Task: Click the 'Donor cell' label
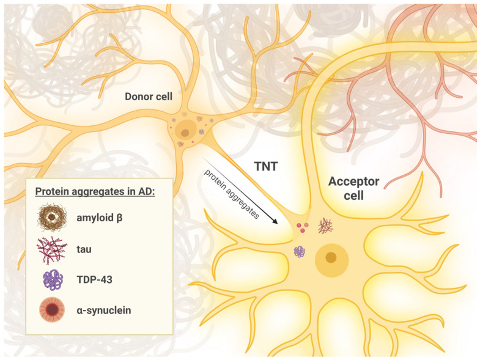coord(149,97)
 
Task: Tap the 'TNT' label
coord(266,166)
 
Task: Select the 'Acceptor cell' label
coord(353,188)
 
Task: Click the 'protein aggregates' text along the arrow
coord(232,194)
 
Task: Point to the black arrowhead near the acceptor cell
coord(275,221)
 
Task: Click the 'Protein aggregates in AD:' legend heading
coord(95,191)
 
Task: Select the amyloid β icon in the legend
coord(52,218)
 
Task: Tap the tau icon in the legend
coord(52,249)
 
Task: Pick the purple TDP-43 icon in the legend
coord(53,280)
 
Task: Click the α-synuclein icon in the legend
coord(52,310)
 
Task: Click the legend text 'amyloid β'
coord(100,218)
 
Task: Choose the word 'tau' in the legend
coord(84,249)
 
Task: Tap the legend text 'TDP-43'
coord(94,279)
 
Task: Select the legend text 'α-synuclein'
coord(104,310)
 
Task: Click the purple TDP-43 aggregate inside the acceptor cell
coord(300,252)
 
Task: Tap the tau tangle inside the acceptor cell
coord(325,226)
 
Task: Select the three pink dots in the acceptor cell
coord(302,227)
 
